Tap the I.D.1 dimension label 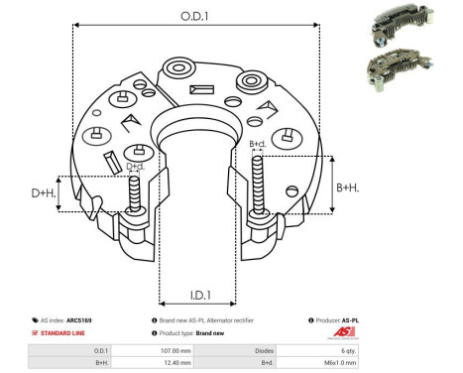(x=198, y=294)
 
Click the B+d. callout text (x=257, y=144)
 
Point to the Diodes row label (x=264, y=351)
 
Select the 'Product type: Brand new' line (x=198, y=334)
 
